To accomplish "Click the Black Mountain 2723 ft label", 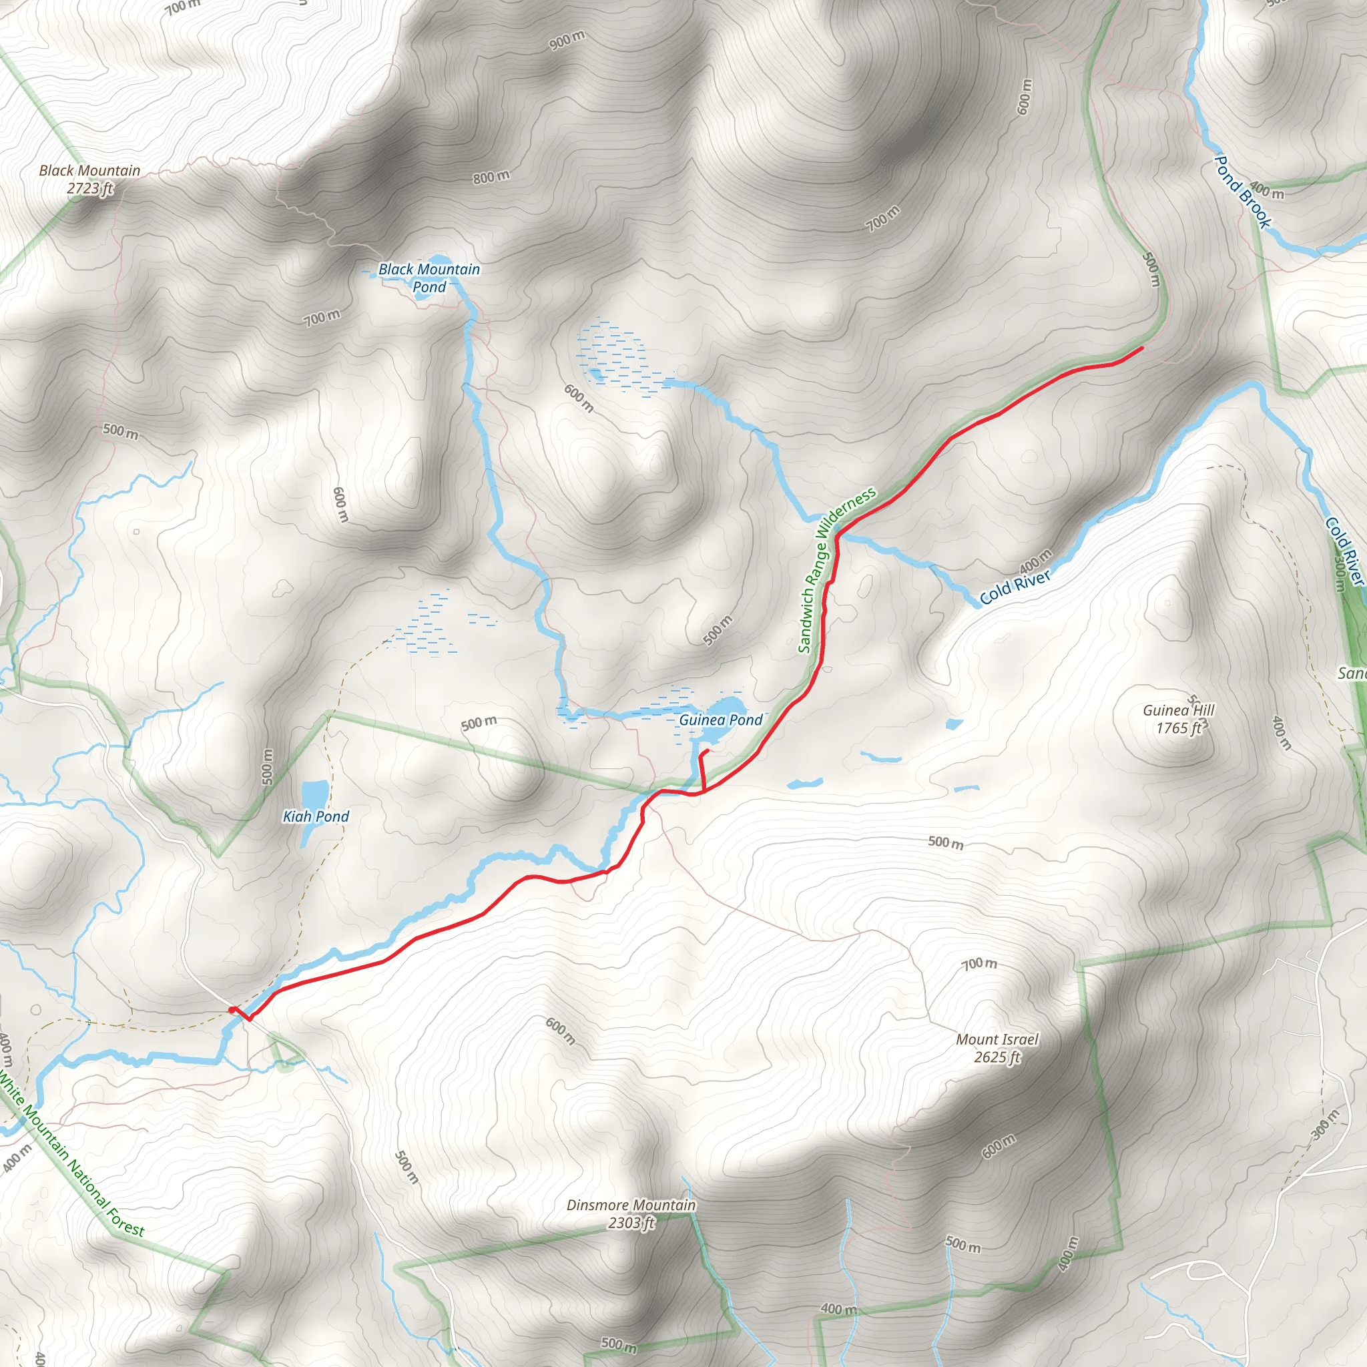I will [90, 179].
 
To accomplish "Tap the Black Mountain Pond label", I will [429, 278].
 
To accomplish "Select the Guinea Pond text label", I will [720, 720].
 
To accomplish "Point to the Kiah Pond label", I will [316, 816].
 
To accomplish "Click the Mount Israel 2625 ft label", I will [997, 1048].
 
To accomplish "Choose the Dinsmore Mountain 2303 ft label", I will [631, 1213].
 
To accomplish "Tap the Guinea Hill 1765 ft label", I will [1178, 719].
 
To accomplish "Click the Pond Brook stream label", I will [1242, 191].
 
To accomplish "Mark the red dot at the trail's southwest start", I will [232, 1010].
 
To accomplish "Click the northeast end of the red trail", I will [1142, 348].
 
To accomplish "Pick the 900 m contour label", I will [567, 40].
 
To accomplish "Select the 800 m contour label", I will [491, 177].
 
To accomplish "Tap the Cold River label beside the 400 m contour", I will [1015, 588].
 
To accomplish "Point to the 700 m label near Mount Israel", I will [979, 964].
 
